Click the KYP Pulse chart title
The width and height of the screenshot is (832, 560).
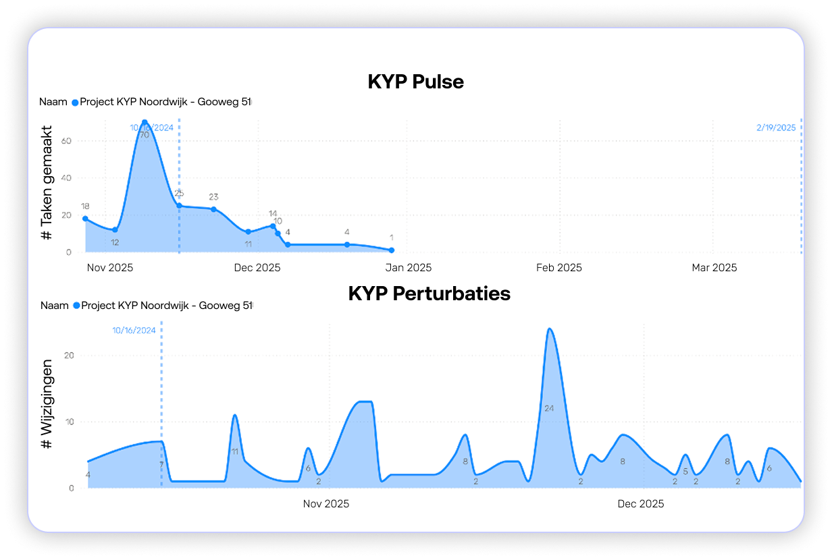click(x=415, y=82)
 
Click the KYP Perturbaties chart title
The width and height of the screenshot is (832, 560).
click(x=429, y=294)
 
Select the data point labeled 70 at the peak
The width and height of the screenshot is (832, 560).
click(x=145, y=122)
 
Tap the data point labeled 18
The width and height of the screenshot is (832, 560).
click(x=85, y=219)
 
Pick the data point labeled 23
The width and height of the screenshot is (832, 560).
click(x=213, y=209)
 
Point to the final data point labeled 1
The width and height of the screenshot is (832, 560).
click(x=392, y=250)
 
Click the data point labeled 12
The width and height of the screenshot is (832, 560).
click(x=115, y=230)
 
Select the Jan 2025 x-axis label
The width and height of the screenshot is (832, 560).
click(x=408, y=268)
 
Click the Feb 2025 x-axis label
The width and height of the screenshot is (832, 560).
click(x=558, y=268)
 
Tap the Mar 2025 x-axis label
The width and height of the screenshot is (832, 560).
click(x=714, y=268)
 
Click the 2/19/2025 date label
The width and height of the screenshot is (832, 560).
click(x=776, y=127)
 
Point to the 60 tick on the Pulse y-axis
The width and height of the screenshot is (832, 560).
click(x=67, y=141)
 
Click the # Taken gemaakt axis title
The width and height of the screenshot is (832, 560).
click(x=47, y=183)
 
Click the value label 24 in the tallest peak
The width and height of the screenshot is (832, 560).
click(x=549, y=408)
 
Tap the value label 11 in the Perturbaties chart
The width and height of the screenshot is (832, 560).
click(x=234, y=452)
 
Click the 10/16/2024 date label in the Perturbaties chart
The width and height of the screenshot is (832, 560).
click(x=134, y=331)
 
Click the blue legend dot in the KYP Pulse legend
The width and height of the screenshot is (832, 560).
click(x=75, y=103)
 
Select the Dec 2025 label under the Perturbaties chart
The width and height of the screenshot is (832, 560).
click(x=641, y=504)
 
